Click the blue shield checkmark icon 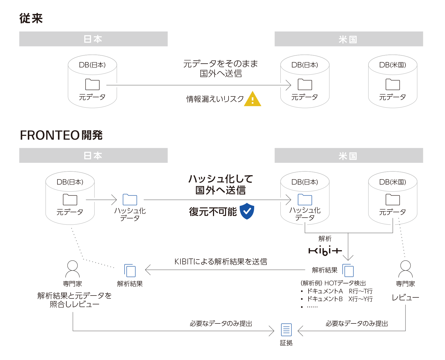(x=247, y=211)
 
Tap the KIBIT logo (x=325, y=251)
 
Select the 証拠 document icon (x=286, y=330)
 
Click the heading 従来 (x=31, y=18)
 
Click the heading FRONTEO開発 (x=61, y=135)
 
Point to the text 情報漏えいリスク (x=215, y=99)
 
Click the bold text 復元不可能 (x=213, y=212)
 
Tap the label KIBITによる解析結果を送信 (x=221, y=261)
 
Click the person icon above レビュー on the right (x=405, y=269)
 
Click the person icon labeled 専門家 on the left (x=73, y=269)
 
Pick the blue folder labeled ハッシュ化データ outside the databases (x=130, y=200)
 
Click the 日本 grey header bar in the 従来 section (x=93, y=39)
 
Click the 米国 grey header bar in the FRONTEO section (x=349, y=156)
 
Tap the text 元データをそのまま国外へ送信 (x=220, y=68)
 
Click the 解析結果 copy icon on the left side (x=130, y=271)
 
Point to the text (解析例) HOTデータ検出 (x=333, y=283)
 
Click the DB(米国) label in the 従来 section (x=392, y=65)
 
